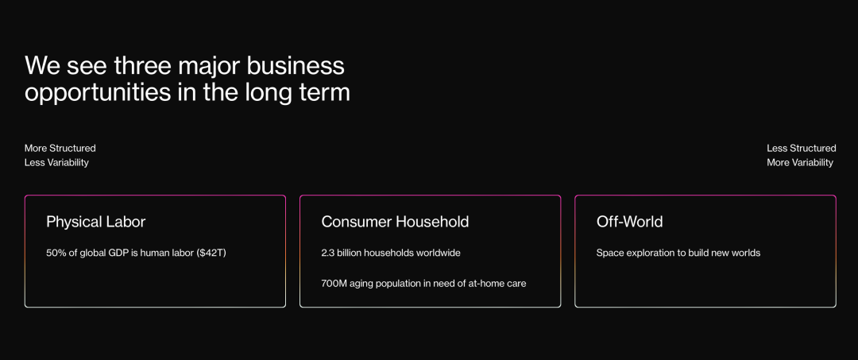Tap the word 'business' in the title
296,66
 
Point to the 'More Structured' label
60,149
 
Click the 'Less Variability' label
56,162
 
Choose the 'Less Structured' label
801,149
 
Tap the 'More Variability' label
800,162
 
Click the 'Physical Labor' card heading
96,223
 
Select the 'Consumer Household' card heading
395,223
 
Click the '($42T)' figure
211,254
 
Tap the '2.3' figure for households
328,254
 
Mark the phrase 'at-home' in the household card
488,284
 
